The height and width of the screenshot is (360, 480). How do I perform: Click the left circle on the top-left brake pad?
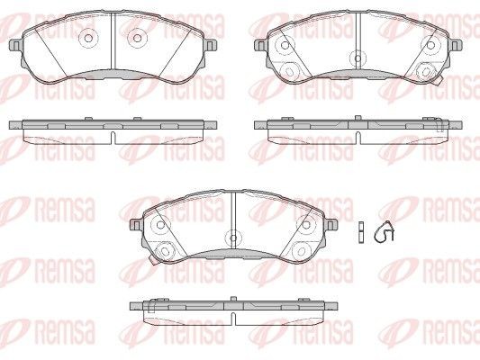[88, 38]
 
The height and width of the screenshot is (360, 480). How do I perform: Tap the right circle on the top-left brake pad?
[138, 38]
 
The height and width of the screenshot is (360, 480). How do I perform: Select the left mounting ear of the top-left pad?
[16, 45]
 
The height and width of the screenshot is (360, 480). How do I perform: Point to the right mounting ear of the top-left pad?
[211, 45]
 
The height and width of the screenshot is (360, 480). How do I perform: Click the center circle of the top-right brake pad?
[358, 58]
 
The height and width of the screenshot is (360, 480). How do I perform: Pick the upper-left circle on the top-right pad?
[285, 46]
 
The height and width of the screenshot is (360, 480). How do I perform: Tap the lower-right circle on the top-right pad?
[425, 71]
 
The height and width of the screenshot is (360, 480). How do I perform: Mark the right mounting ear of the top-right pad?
[456, 45]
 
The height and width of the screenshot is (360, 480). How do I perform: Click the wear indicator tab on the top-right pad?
[438, 80]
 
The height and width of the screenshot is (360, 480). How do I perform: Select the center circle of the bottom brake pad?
[233, 238]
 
